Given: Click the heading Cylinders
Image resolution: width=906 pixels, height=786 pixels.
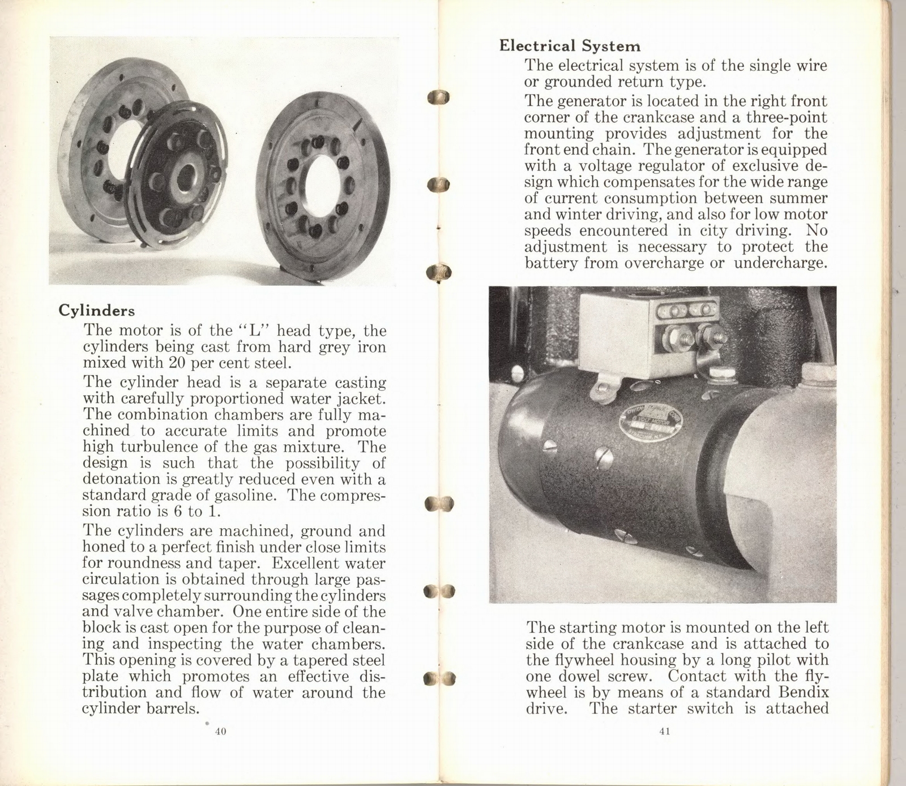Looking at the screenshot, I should (97, 311).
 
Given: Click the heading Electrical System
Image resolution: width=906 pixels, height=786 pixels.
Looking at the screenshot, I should (570, 46).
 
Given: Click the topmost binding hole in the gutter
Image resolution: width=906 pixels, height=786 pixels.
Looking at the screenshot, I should (438, 97).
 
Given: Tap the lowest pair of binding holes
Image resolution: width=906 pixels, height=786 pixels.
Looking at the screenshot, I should (439, 678).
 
